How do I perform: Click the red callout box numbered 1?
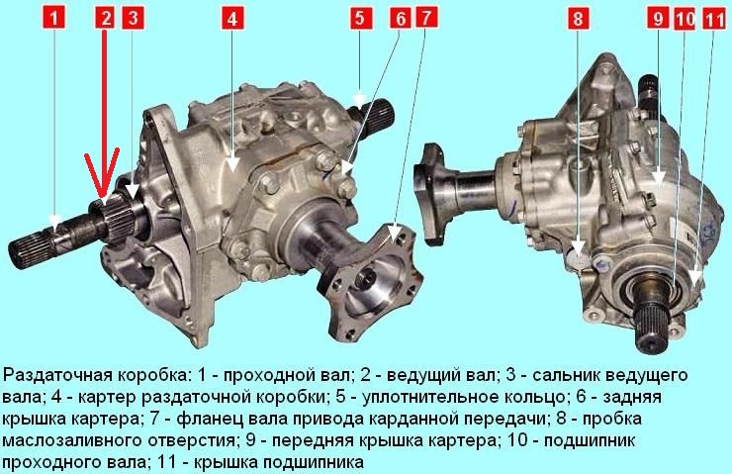coord(54,19)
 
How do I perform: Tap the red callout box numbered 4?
coord(232,19)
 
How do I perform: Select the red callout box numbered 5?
coord(359,19)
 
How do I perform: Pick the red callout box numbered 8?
coord(578,19)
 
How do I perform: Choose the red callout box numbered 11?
coord(714,19)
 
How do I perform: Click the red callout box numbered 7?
coord(426,19)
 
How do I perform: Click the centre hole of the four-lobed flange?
coord(366,279)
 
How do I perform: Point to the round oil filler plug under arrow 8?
coord(578,259)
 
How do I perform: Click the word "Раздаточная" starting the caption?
coord(58,375)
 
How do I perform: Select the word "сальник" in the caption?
coord(566,375)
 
